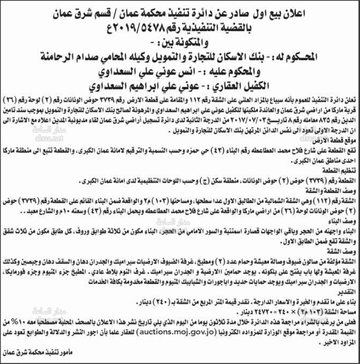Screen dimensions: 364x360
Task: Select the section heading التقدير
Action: pos(350,290)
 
